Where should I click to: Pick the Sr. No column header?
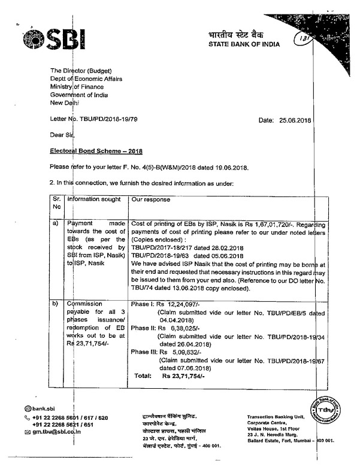pyautogui.click(x=56, y=202)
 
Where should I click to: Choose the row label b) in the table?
pyautogui.click(x=56, y=305)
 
